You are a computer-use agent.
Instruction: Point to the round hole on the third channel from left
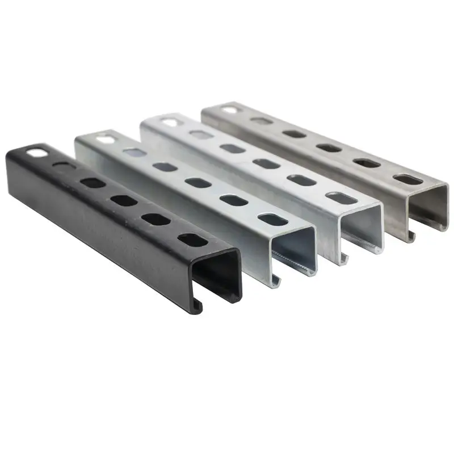click(169, 121)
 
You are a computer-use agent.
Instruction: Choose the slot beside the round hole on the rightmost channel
click(262, 121)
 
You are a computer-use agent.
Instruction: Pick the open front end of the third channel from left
click(362, 227)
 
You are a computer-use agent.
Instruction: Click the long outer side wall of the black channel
click(96, 227)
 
